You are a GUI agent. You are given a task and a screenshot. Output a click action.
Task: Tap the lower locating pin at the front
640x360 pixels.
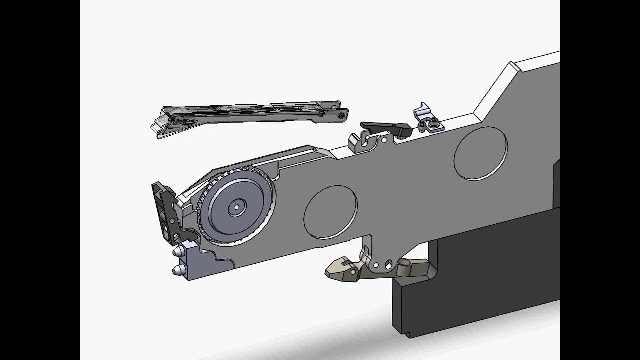click(x=176, y=271)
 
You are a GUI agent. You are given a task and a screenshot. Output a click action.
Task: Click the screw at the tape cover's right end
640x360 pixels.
click(x=341, y=115)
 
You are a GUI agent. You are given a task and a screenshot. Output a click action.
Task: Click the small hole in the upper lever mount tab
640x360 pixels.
click(x=384, y=140)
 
